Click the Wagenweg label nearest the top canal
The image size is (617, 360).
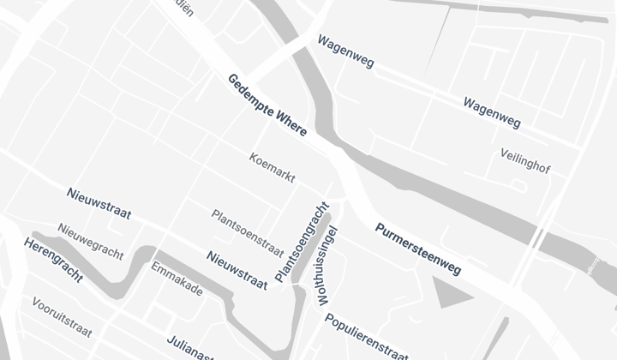pos(345,51)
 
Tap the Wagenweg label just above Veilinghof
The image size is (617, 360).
pos(492,112)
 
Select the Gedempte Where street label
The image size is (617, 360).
pos(267,106)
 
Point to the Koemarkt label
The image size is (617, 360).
pos(273,168)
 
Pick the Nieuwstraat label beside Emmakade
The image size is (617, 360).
pos(237,268)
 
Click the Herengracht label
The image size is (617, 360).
pos(53,261)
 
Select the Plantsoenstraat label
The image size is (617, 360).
pos(248,232)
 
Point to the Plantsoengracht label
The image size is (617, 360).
pos(302,243)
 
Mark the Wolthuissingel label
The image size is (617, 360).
pos(328,266)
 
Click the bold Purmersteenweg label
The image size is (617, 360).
pos(418,249)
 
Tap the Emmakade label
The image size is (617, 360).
pos(177,279)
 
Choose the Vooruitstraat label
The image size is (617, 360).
pos(62,317)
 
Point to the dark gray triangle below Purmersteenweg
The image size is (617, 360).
pos(451,293)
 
